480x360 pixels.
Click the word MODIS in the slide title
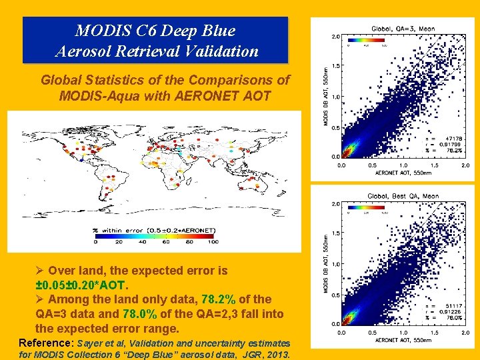point(97,30)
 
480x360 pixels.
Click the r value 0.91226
point(451,311)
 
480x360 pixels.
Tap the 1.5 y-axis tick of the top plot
point(335,66)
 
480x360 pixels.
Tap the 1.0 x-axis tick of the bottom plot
point(403,331)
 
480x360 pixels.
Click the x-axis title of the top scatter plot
point(403,173)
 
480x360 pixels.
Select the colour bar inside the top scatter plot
point(367,42)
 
